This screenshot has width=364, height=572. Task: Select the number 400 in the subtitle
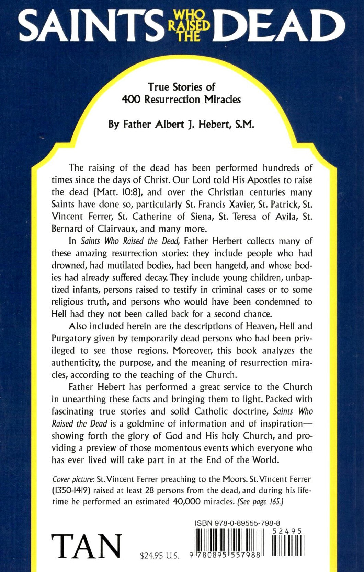(x=132, y=100)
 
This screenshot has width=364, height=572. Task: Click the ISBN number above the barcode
(x=237, y=523)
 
